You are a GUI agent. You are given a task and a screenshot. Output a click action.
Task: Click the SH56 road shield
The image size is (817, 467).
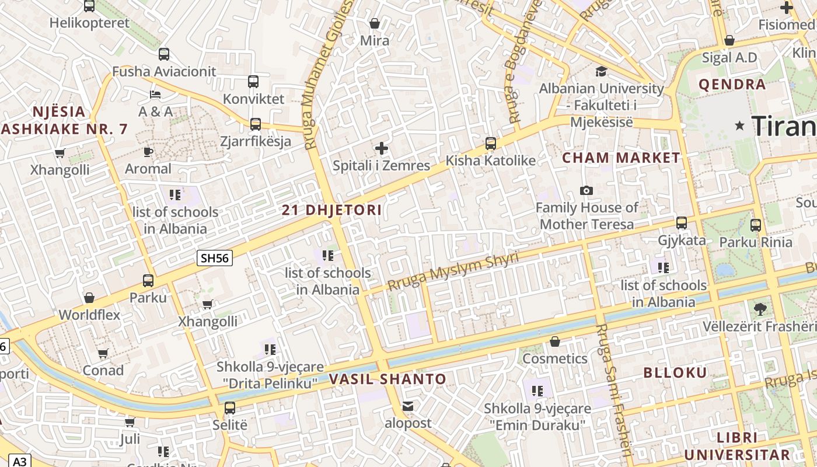[215, 258]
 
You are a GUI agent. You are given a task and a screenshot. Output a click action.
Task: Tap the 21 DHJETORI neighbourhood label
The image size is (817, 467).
[332, 210]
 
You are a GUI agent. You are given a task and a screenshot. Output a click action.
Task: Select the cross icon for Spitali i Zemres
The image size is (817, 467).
[382, 148]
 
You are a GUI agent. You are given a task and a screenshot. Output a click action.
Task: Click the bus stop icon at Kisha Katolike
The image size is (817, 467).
[491, 143]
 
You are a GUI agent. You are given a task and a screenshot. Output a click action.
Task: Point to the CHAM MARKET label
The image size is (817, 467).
[621, 158]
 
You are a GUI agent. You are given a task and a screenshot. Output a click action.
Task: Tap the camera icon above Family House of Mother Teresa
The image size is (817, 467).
[586, 190]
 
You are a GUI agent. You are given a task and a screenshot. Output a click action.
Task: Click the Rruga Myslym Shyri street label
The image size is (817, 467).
[453, 271]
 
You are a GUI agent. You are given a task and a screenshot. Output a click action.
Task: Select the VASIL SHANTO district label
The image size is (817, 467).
[387, 379]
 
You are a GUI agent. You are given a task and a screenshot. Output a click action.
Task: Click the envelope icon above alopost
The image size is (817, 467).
[408, 406]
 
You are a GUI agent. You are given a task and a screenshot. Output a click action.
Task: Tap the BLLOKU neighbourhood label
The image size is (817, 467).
[675, 372]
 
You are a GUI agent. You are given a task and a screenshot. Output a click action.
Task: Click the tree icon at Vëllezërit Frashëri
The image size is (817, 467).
[760, 309]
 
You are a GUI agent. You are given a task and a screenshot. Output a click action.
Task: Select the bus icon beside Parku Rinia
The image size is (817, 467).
[756, 225]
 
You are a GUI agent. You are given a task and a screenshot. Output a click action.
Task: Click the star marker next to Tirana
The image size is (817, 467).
[740, 125]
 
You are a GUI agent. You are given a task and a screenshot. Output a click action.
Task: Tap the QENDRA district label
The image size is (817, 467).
[732, 85]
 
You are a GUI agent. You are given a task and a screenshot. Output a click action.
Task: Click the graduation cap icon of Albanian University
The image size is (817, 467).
[601, 71]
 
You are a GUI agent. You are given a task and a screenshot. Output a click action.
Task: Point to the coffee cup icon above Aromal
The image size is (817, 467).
[148, 152]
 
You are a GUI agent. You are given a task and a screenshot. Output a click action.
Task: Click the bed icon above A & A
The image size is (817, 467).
[155, 94]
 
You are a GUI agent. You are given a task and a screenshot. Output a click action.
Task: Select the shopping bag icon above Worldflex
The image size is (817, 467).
[89, 298]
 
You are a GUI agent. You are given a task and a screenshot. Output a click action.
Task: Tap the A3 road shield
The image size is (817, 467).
[19, 461]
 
